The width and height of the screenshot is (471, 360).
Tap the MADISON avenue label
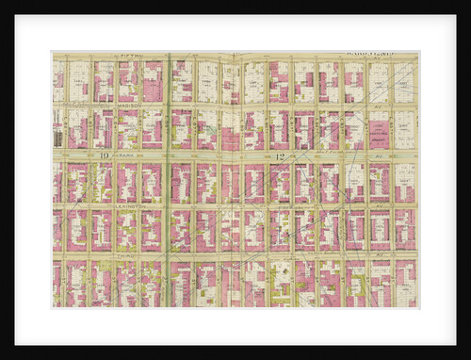tap(129, 106)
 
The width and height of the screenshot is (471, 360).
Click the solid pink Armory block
tap(230, 131)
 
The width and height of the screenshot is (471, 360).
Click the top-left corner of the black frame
tap(3, 3)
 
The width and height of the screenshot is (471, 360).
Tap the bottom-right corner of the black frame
tap(467, 356)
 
